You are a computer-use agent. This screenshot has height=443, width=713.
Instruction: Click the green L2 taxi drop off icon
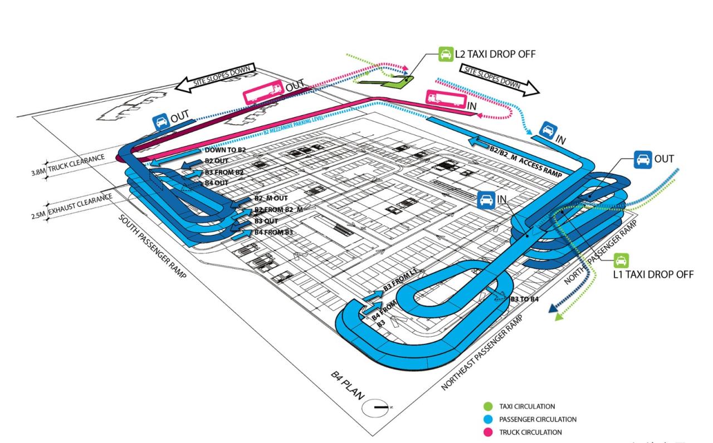(x=445, y=55)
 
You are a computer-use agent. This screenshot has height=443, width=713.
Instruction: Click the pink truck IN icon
(x=443, y=99)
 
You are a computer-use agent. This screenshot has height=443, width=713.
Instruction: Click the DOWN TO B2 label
(x=224, y=151)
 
